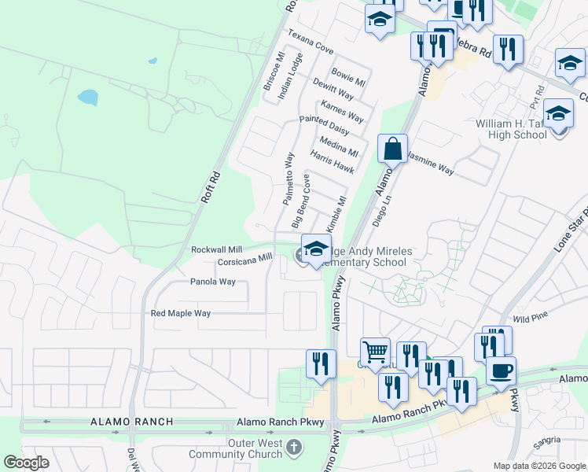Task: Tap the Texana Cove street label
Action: [x=311, y=42]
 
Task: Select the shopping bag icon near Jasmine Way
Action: [x=392, y=148]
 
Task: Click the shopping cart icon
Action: [x=375, y=352]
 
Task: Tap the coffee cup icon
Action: [x=501, y=370]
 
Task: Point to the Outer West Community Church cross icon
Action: [x=293, y=448]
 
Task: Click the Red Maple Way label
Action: [x=181, y=313]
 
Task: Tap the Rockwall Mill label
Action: [x=216, y=249]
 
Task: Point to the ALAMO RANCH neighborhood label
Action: [x=132, y=422]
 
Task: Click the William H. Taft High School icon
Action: [x=558, y=116]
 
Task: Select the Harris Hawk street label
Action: [x=332, y=163]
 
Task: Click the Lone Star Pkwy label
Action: [x=569, y=231]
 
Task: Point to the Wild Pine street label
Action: [x=530, y=319]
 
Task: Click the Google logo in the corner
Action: [x=26, y=463]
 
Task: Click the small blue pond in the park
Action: [x=87, y=98]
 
